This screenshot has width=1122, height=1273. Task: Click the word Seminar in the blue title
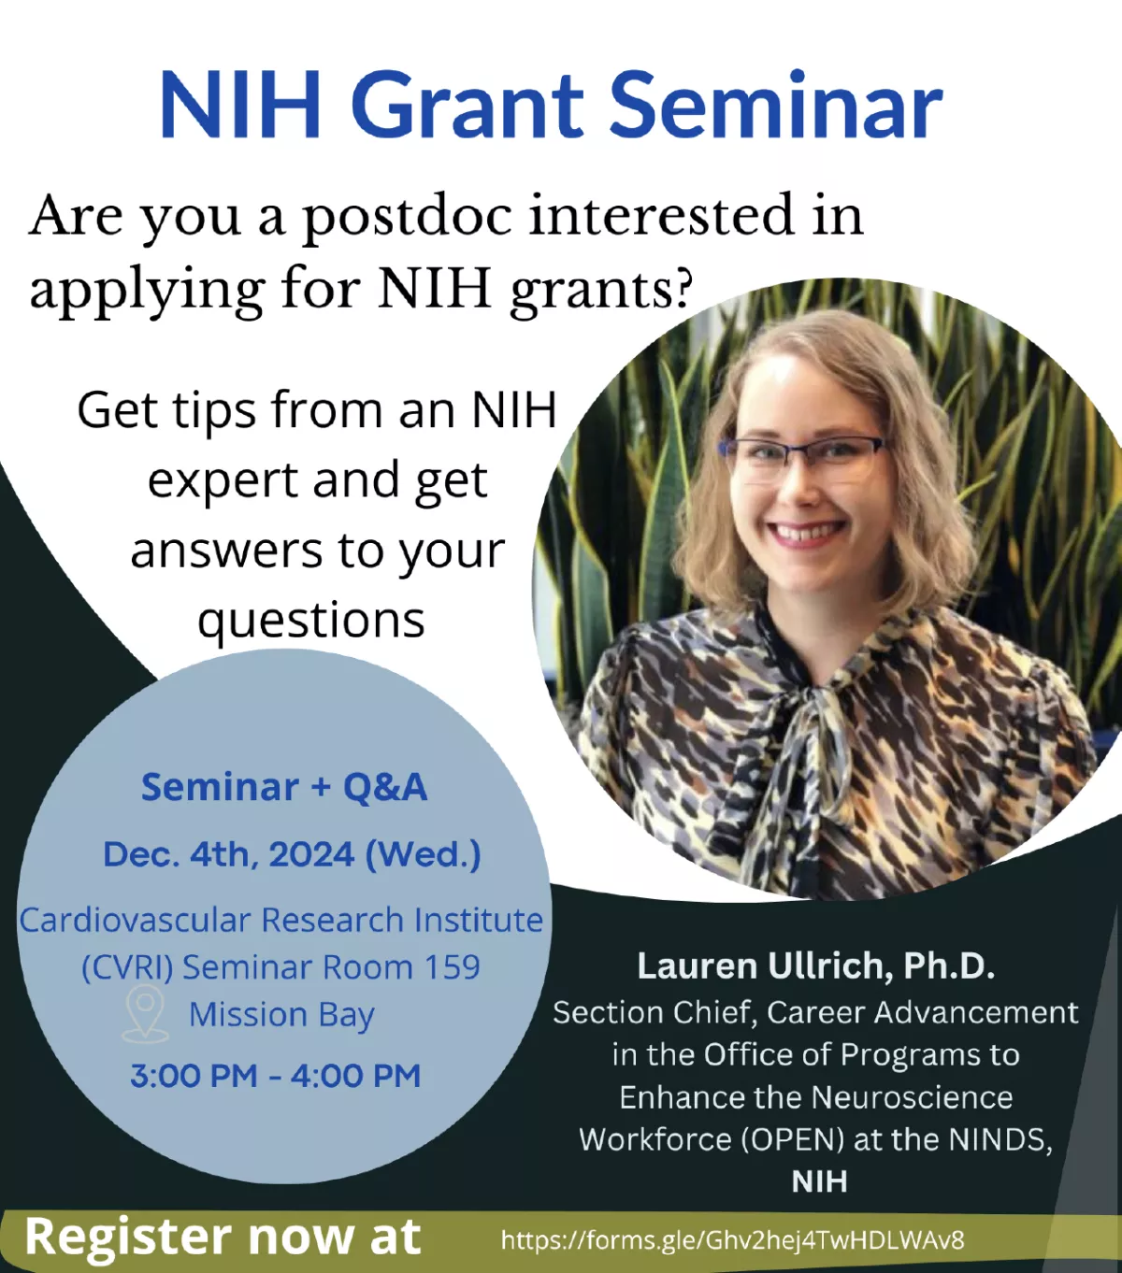[775, 105]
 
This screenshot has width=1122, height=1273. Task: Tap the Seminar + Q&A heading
[284, 787]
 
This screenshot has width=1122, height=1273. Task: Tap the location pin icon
[145, 1013]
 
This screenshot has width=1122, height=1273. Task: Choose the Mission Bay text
[281, 1015]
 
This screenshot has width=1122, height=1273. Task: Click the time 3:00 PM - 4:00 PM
[275, 1075]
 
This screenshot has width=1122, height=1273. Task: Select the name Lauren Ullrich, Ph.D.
[816, 965]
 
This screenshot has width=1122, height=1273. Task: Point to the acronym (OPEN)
[793, 1139]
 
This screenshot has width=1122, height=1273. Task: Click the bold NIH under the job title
[819, 1182]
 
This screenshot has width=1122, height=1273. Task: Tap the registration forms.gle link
[733, 1239]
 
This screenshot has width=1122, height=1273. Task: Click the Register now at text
[223, 1237]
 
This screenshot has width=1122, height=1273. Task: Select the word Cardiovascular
[136, 920]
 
